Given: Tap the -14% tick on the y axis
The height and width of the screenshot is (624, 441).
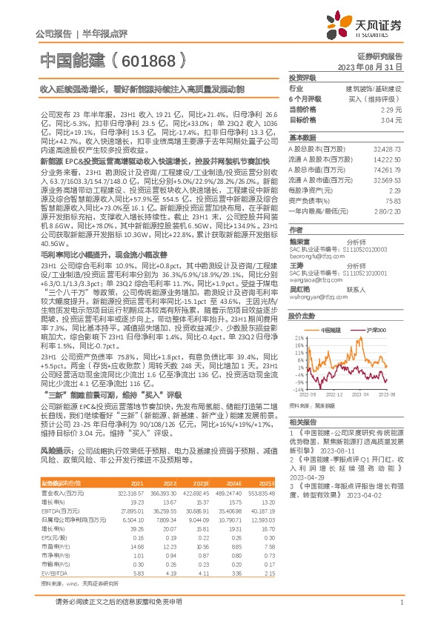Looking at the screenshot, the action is (x=298, y=388).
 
